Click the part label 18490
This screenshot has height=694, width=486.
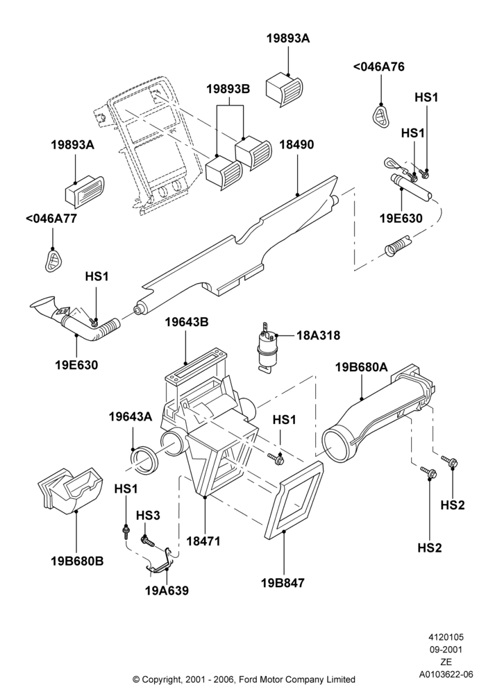(x=296, y=145)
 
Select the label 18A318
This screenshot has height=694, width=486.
(x=318, y=335)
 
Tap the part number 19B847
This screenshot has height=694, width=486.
(x=283, y=583)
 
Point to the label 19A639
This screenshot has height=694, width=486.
(x=167, y=591)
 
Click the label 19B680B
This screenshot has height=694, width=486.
(x=77, y=561)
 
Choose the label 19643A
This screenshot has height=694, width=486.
(x=131, y=416)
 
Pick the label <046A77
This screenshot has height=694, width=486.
(x=51, y=218)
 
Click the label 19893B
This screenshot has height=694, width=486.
(x=228, y=89)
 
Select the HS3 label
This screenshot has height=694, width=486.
(x=148, y=515)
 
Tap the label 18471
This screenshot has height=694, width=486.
(x=203, y=541)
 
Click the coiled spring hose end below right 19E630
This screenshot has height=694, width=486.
(x=397, y=246)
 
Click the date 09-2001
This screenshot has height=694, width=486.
(x=446, y=650)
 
